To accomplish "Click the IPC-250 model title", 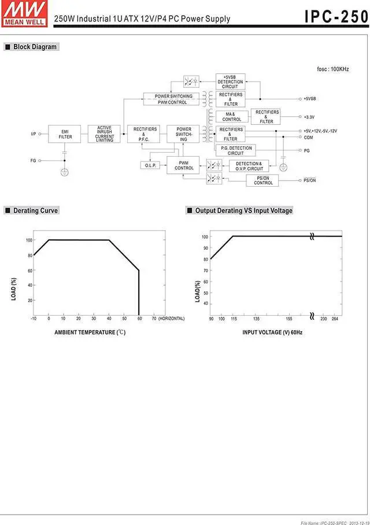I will (336, 17).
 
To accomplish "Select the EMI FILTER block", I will (65, 134).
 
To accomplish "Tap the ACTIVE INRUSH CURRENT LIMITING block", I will (105, 134).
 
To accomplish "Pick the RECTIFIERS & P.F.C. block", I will (145, 134).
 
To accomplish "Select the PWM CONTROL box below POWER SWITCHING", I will (184, 165).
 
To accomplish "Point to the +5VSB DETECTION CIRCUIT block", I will (230, 81).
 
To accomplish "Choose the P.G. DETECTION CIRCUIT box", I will (236, 150).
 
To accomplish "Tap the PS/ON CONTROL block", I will (263, 180).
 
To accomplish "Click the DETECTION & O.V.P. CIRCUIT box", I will (249, 166).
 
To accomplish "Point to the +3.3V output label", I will (310, 117).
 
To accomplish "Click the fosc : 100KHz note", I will (332, 69).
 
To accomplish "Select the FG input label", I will (33, 160).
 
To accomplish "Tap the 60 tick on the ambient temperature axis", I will (139, 319).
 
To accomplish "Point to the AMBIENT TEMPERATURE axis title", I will (90, 332).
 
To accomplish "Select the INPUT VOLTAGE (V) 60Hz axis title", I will (272, 332).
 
